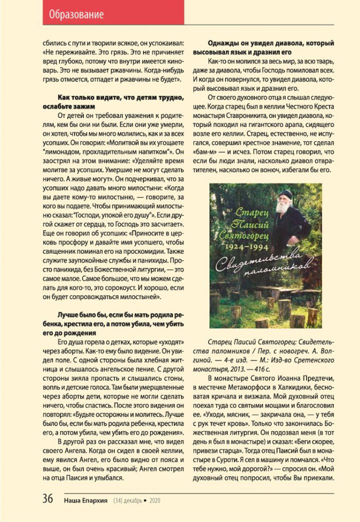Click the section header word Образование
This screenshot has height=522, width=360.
pyautogui.click(x=76, y=14)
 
